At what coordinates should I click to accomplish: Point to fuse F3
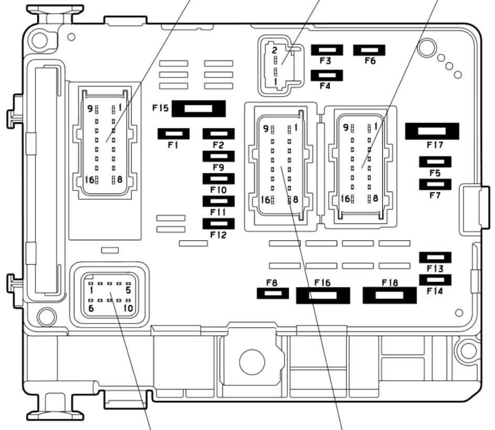click(x=327, y=50)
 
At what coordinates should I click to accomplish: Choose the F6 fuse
click(x=369, y=50)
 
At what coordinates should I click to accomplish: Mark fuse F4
click(x=327, y=75)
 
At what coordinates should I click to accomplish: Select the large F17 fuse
click(x=432, y=131)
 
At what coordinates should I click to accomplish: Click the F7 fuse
click(x=435, y=184)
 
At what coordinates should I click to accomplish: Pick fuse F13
click(x=435, y=257)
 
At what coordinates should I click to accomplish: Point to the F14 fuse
click(x=435, y=281)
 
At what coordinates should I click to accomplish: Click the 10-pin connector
click(x=110, y=295)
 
